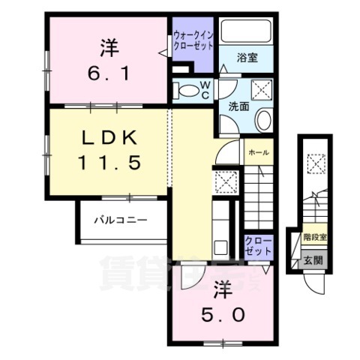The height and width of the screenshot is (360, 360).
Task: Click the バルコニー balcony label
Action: click(x=120, y=220)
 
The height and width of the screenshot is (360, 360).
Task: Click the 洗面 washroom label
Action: click(x=238, y=107)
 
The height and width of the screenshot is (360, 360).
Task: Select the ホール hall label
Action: click(x=259, y=151)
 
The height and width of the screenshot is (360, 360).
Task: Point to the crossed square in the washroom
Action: click(x=262, y=91)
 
